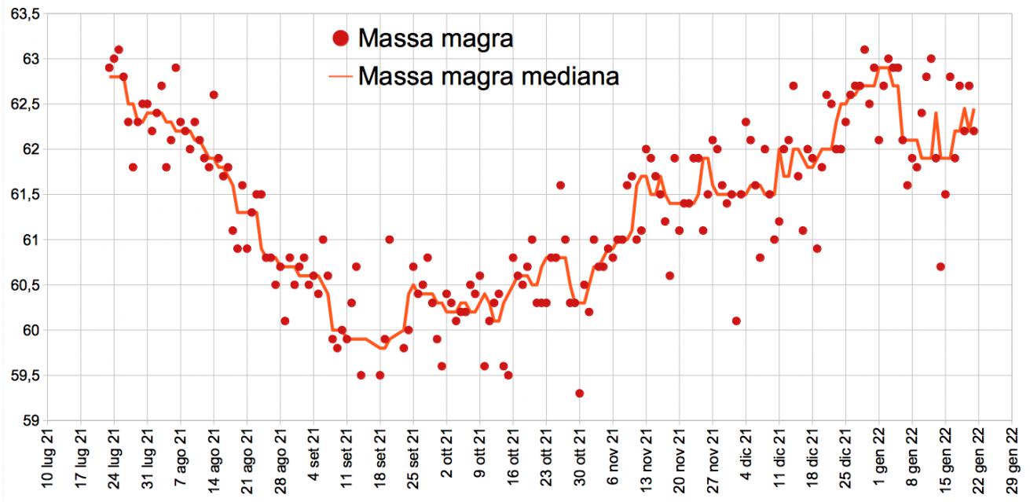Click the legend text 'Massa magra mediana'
[488, 76]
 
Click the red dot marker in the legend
[339, 38]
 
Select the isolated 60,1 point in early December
[736, 321]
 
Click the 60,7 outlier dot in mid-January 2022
[940, 266]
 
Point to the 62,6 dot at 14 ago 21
[214, 95]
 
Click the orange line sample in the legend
[339, 77]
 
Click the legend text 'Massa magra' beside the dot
[434, 38]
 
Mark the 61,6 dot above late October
[560, 185]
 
